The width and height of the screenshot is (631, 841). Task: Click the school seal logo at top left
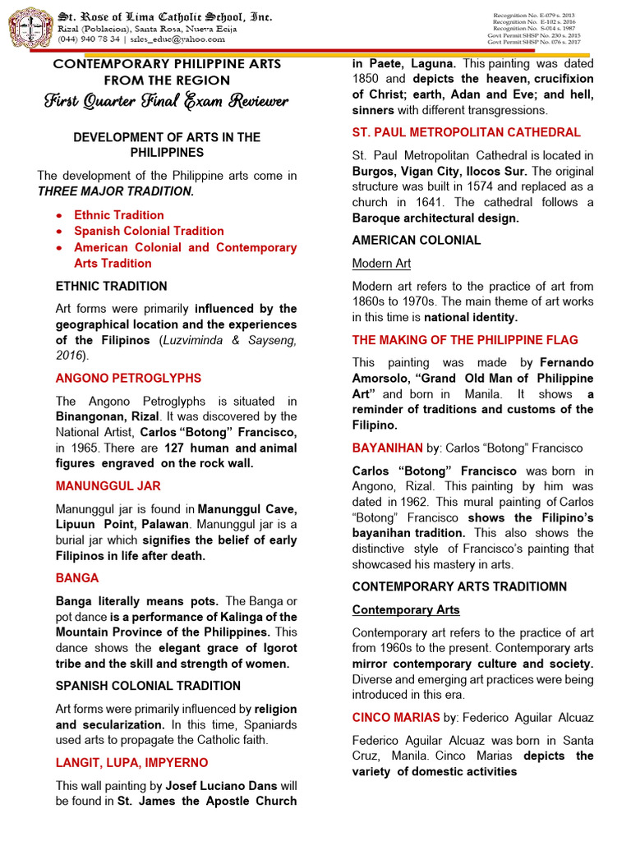coord(29,27)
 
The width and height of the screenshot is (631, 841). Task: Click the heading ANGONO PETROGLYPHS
coord(127,378)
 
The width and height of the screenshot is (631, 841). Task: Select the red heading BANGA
coord(78,578)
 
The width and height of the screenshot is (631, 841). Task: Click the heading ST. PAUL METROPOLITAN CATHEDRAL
coord(466,132)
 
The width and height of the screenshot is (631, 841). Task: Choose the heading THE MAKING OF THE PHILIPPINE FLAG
coord(465,339)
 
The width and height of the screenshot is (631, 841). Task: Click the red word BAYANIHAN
coord(386,448)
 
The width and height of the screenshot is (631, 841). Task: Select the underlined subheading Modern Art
coord(381,263)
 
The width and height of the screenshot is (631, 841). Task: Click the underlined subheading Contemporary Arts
coord(406,609)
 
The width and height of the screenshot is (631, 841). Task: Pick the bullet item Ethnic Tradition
coord(118,215)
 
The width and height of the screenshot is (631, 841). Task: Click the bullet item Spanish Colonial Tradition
coord(149,231)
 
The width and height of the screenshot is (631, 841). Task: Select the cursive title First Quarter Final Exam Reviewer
coord(168,102)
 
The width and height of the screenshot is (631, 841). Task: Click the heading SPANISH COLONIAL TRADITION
coord(148,685)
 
